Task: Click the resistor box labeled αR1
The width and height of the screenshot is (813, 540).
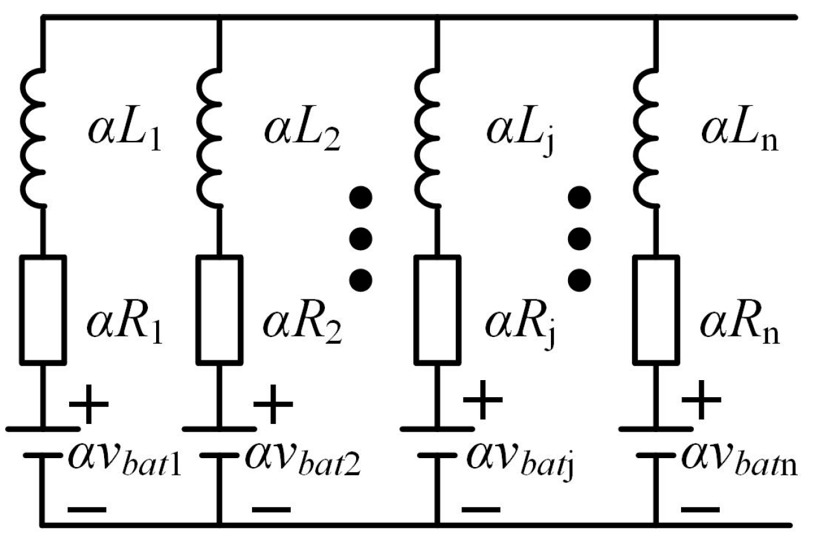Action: coord(43,309)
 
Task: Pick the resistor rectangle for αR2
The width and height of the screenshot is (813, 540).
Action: coord(218,309)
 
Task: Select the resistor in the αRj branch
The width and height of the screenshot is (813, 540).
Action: coord(437,309)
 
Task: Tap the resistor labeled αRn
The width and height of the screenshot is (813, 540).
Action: coord(656,309)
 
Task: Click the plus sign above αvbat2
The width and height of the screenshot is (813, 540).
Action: coord(273,404)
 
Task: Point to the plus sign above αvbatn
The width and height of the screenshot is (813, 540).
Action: coord(701,400)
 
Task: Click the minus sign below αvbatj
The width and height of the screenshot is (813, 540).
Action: coord(482,508)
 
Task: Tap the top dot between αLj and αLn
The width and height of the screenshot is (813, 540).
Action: coord(579,199)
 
